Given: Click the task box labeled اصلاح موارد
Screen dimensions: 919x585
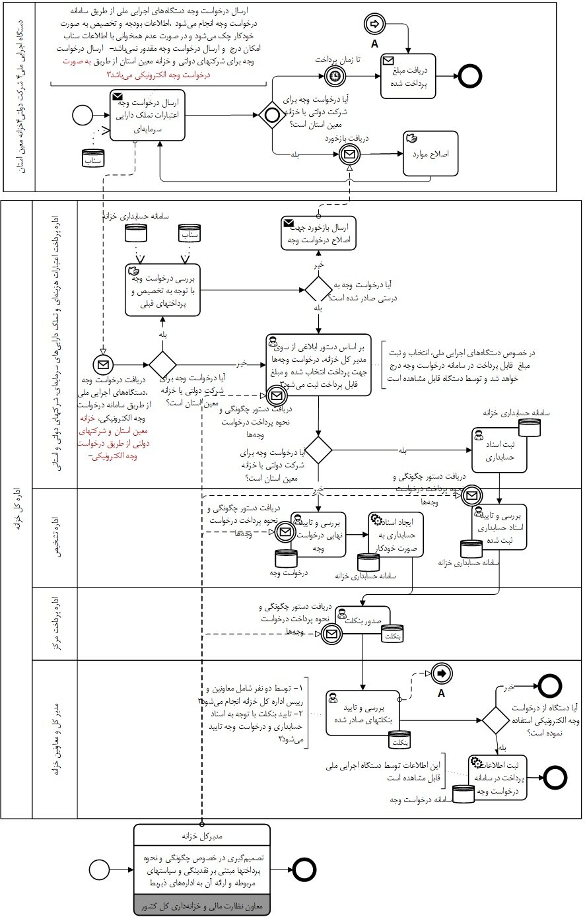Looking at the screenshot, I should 430,154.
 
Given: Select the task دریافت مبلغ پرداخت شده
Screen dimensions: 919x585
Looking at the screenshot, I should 408,76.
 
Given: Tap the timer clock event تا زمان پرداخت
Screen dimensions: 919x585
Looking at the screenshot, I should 335,76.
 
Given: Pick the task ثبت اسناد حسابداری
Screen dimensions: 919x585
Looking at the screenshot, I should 499,451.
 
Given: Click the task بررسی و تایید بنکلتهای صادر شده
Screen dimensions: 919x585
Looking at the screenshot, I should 362,712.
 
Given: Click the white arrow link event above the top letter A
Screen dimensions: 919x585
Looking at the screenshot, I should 374,24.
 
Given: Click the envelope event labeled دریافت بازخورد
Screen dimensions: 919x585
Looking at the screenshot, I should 349,154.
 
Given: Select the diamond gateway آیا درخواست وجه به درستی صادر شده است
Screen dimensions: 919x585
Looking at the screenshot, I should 318,289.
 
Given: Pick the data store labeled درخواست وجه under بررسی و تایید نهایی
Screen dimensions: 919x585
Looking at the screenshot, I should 286,559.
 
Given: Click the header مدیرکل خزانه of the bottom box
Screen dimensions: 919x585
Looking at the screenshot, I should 202,834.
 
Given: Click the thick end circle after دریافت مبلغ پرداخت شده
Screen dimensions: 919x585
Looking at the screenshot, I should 470,76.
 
